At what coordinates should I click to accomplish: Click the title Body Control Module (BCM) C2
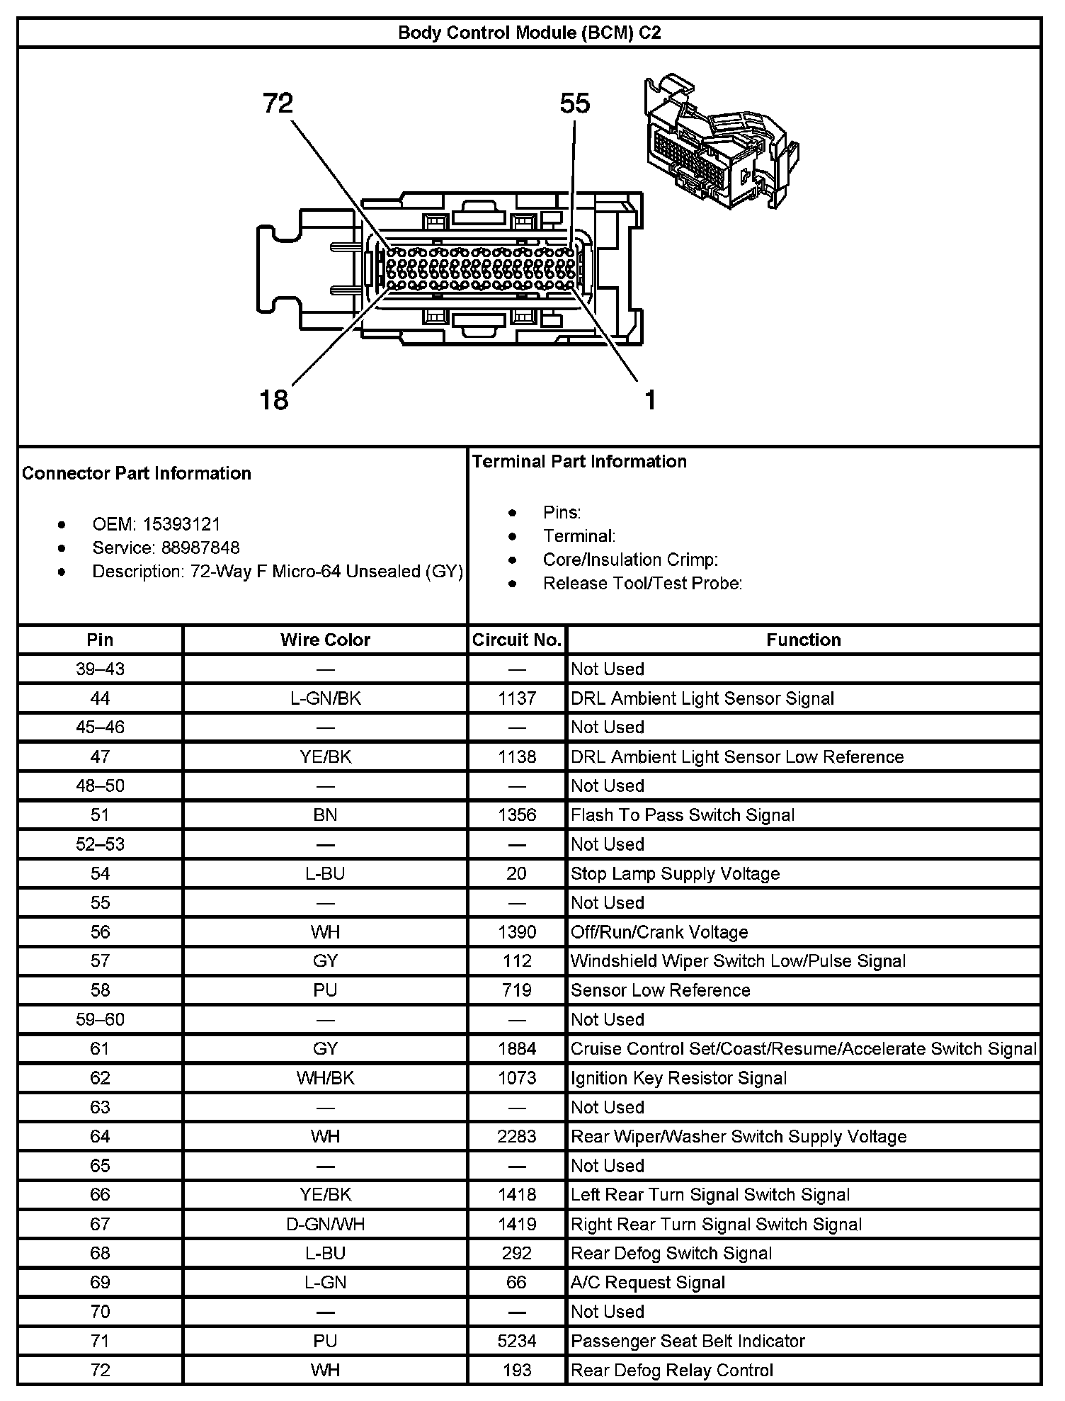coord(529,33)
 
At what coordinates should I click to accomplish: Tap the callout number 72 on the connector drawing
coord(278,104)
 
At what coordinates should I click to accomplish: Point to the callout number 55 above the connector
coord(574,104)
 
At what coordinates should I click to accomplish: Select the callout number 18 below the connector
coord(274,400)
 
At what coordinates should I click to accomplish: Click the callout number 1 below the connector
coord(650,400)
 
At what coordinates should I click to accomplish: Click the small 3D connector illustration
coord(720,142)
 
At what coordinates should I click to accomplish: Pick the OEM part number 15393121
coord(181,524)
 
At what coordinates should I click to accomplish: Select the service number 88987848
coord(200,548)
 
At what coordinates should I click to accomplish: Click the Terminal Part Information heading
coord(579,462)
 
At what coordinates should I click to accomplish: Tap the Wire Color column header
coord(325,640)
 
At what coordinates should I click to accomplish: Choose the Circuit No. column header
coord(517,640)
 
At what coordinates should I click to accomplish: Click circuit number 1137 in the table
coord(517,698)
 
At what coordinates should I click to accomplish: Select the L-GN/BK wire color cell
coord(325,698)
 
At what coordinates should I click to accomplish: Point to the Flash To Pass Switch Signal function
coord(683,815)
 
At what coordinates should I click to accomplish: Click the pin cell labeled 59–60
coord(100,1019)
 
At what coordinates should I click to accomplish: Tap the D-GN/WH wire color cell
coord(325,1224)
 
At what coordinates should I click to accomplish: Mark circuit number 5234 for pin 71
coord(517,1341)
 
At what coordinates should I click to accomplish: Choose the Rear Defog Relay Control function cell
coord(671,1370)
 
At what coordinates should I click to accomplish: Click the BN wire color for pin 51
coord(325,815)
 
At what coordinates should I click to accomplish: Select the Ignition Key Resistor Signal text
coord(678,1078)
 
